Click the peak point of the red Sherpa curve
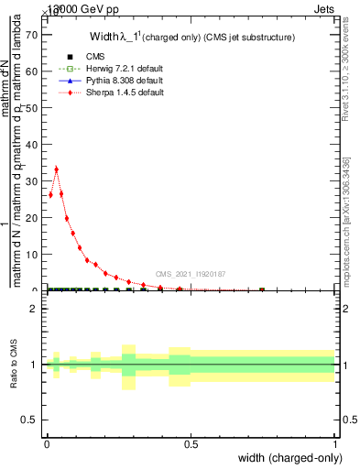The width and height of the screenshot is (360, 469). [x=56, y=169]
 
